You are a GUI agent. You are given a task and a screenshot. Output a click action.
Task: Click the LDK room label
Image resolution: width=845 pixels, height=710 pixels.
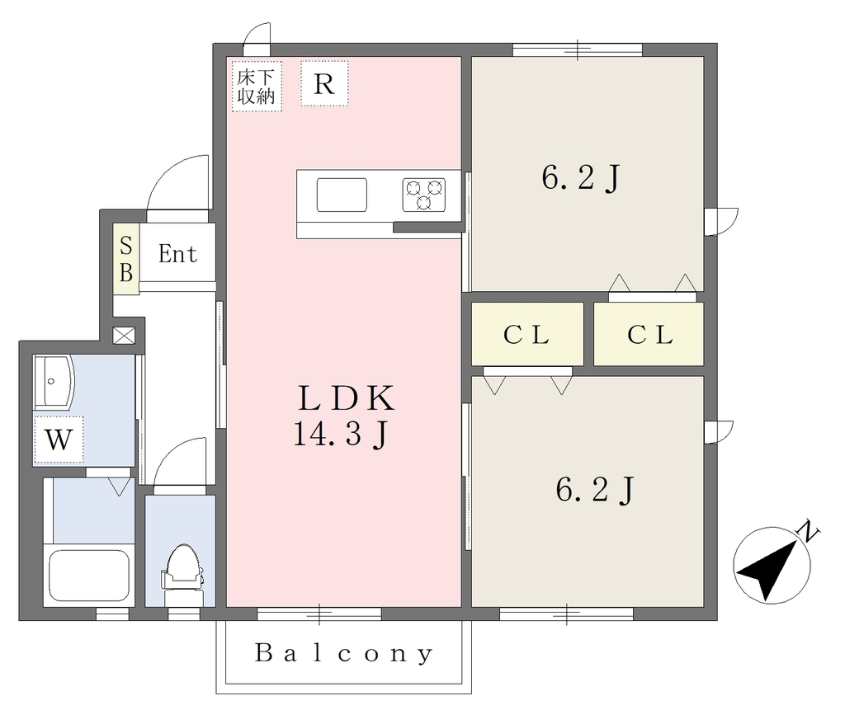coord(346,397)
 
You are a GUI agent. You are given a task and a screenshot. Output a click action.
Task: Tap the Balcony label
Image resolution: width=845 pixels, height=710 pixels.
coord(344,653)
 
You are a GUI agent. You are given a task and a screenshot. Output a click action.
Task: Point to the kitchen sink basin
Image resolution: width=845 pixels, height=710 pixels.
coord(342,195)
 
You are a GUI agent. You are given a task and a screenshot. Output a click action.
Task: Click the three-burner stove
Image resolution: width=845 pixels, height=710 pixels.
coord(424,195)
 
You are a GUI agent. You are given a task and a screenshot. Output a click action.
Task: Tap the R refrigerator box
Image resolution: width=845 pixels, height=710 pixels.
coord(324,83)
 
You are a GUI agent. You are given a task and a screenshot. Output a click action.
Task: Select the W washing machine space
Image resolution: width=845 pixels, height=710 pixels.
coord(59,440)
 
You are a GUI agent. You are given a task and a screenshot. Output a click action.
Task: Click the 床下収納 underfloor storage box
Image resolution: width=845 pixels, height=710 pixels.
coord(257,87)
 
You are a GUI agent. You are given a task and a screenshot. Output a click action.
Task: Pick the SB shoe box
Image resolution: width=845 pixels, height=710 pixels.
coord(126,259)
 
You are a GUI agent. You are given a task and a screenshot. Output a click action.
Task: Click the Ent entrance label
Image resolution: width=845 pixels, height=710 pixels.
coord(178,254)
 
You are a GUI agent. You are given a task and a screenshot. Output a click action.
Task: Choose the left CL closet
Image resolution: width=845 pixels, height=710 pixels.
coord(527,334)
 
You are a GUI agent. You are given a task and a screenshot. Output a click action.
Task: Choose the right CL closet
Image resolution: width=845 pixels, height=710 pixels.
coord(649,334)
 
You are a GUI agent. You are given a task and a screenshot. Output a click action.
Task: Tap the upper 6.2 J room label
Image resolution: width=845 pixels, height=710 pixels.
coord(581,177)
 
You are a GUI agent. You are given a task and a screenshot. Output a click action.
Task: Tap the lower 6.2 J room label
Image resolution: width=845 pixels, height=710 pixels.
coord(595,490)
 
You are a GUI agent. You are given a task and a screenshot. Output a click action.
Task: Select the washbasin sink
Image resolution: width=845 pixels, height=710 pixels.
coord(53,382)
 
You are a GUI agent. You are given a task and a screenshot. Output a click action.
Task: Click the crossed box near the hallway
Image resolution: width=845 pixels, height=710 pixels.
coord(124,336)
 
